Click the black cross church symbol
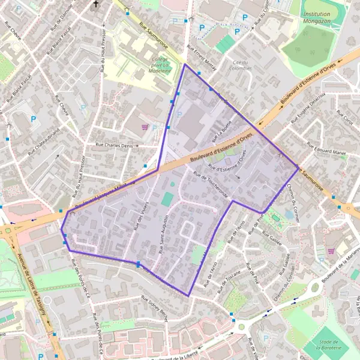(95, 5)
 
